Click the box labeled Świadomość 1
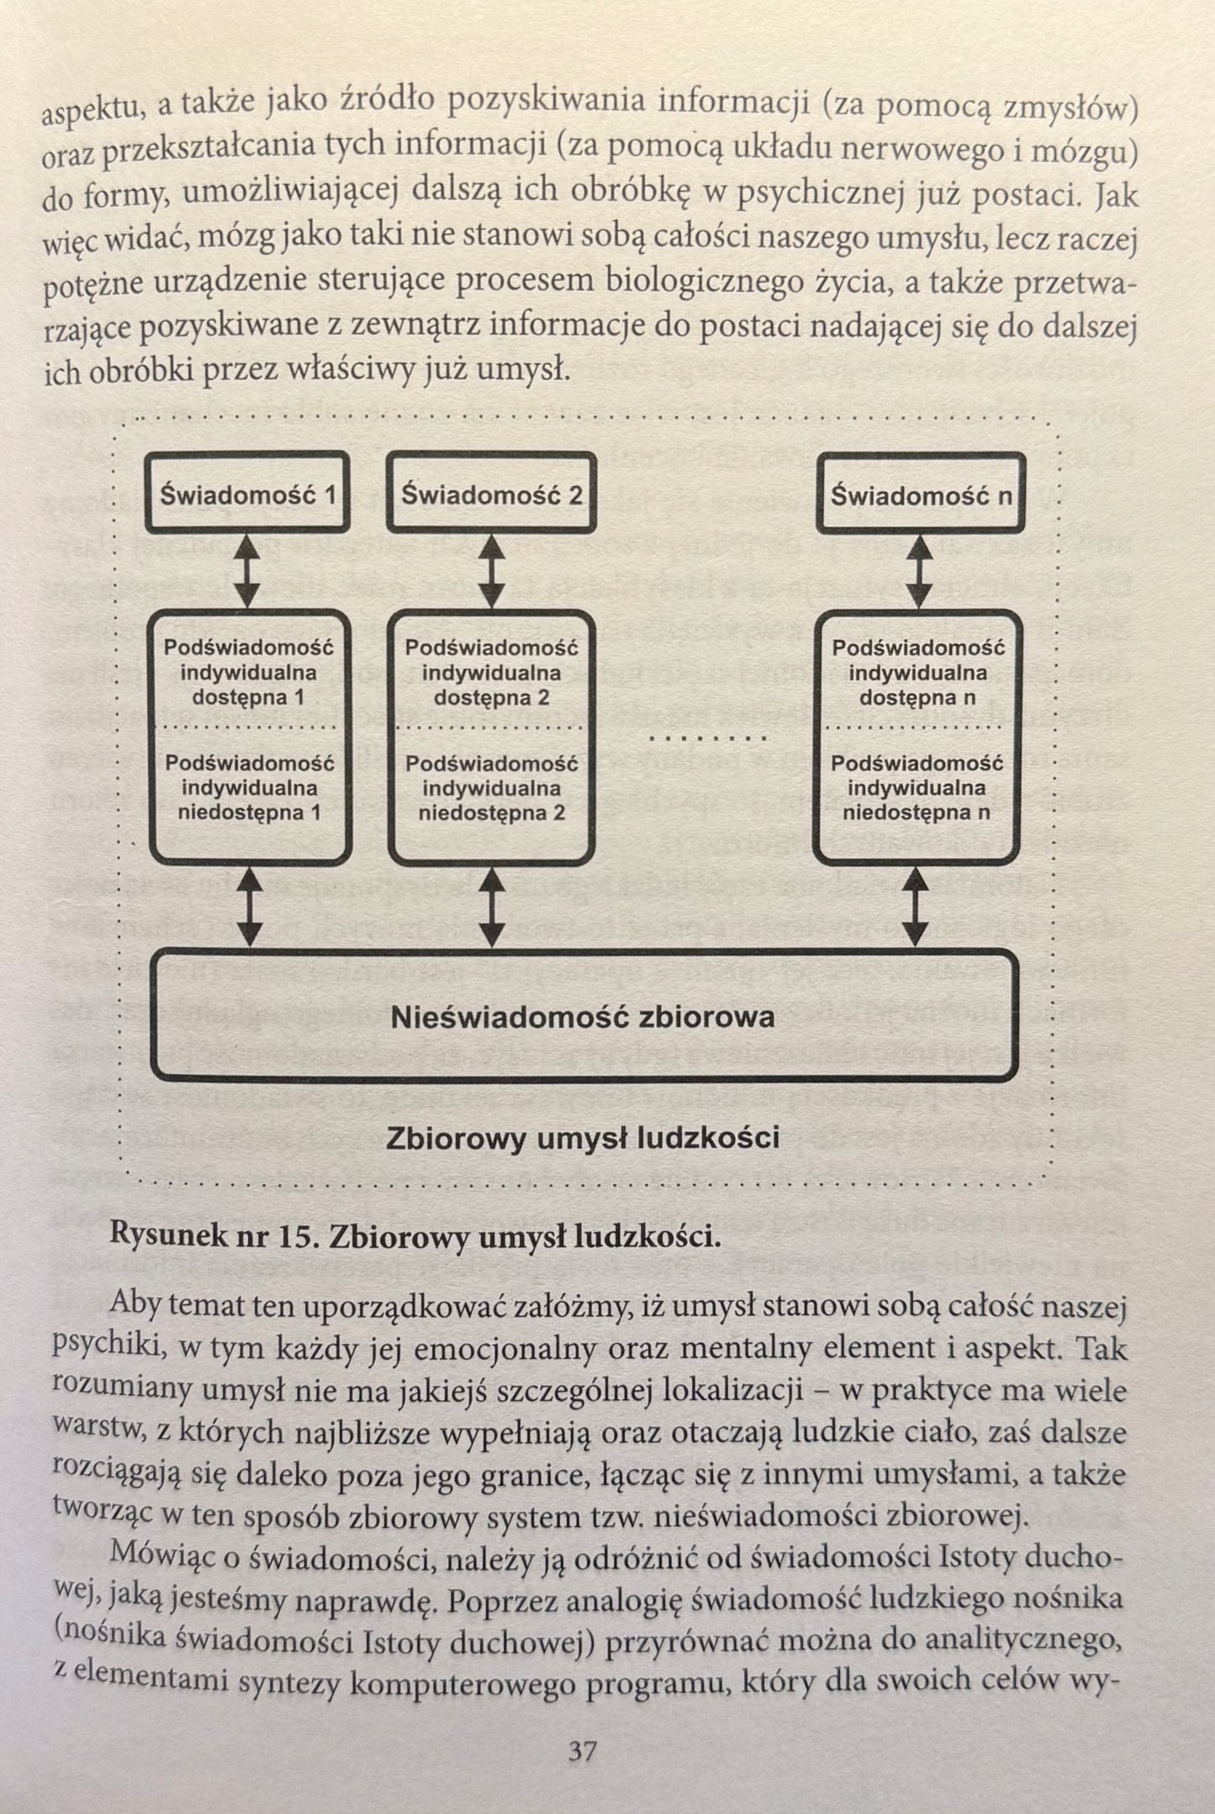(247, 494)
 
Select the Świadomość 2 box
(491, 494)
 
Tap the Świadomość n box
(921, 494)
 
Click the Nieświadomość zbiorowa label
(582, 1018)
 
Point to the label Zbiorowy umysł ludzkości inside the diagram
(582, 1139)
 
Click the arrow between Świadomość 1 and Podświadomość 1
(246, 572)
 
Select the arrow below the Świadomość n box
(922, 572)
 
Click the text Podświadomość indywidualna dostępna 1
(249, 673)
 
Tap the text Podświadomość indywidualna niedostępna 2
(491, 789)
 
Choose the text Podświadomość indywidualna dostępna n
(918, 673)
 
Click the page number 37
(582, 1752)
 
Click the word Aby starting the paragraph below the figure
(136, 1305)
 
